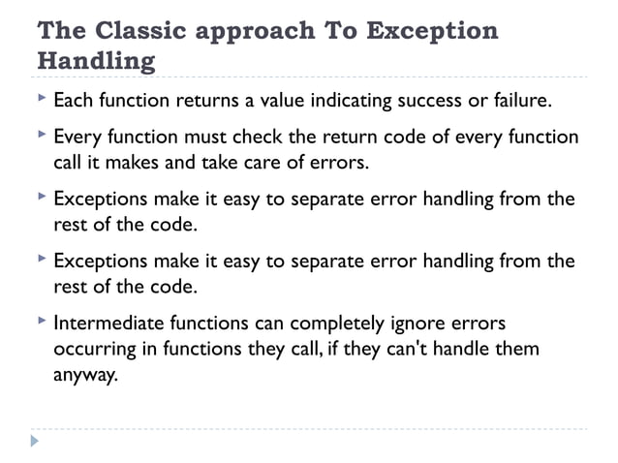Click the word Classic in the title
[x=130, y=30]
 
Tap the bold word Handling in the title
[x=96, y=61]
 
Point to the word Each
[x=72, y=100]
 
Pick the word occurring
[x=95, y=348]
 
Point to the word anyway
[x=84, y=373]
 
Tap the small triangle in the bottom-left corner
[x=36, y=441]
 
